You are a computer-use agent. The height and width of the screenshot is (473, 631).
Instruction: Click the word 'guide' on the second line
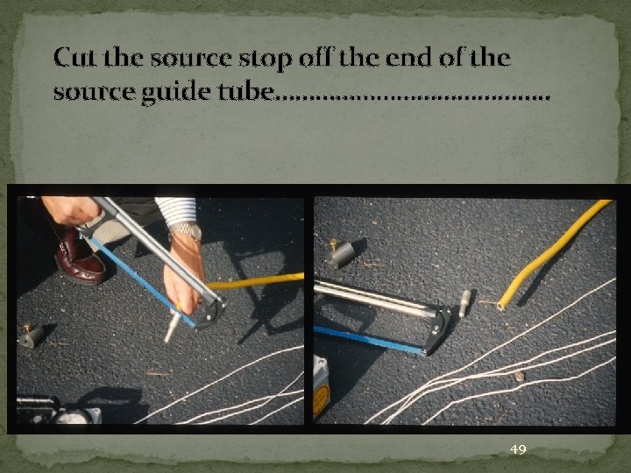click(x=162, y=90)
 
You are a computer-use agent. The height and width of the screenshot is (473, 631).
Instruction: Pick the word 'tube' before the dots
click(x=240, y=90)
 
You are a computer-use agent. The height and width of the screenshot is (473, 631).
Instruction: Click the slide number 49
click(x=518, y=449)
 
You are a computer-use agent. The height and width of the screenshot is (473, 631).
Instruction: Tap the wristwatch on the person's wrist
click(x=185, y=231)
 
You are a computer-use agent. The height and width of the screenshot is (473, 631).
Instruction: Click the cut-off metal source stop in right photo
click(x=464, y=303)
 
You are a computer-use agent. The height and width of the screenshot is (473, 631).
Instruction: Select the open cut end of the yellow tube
click(x=500, y=306)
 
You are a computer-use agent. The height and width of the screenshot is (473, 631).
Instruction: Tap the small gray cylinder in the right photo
click(x=341, y=254)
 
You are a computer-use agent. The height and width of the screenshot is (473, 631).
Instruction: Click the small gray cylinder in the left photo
click(x=32, y=335)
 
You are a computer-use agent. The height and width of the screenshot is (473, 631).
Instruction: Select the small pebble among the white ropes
click(x=519, y=376)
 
